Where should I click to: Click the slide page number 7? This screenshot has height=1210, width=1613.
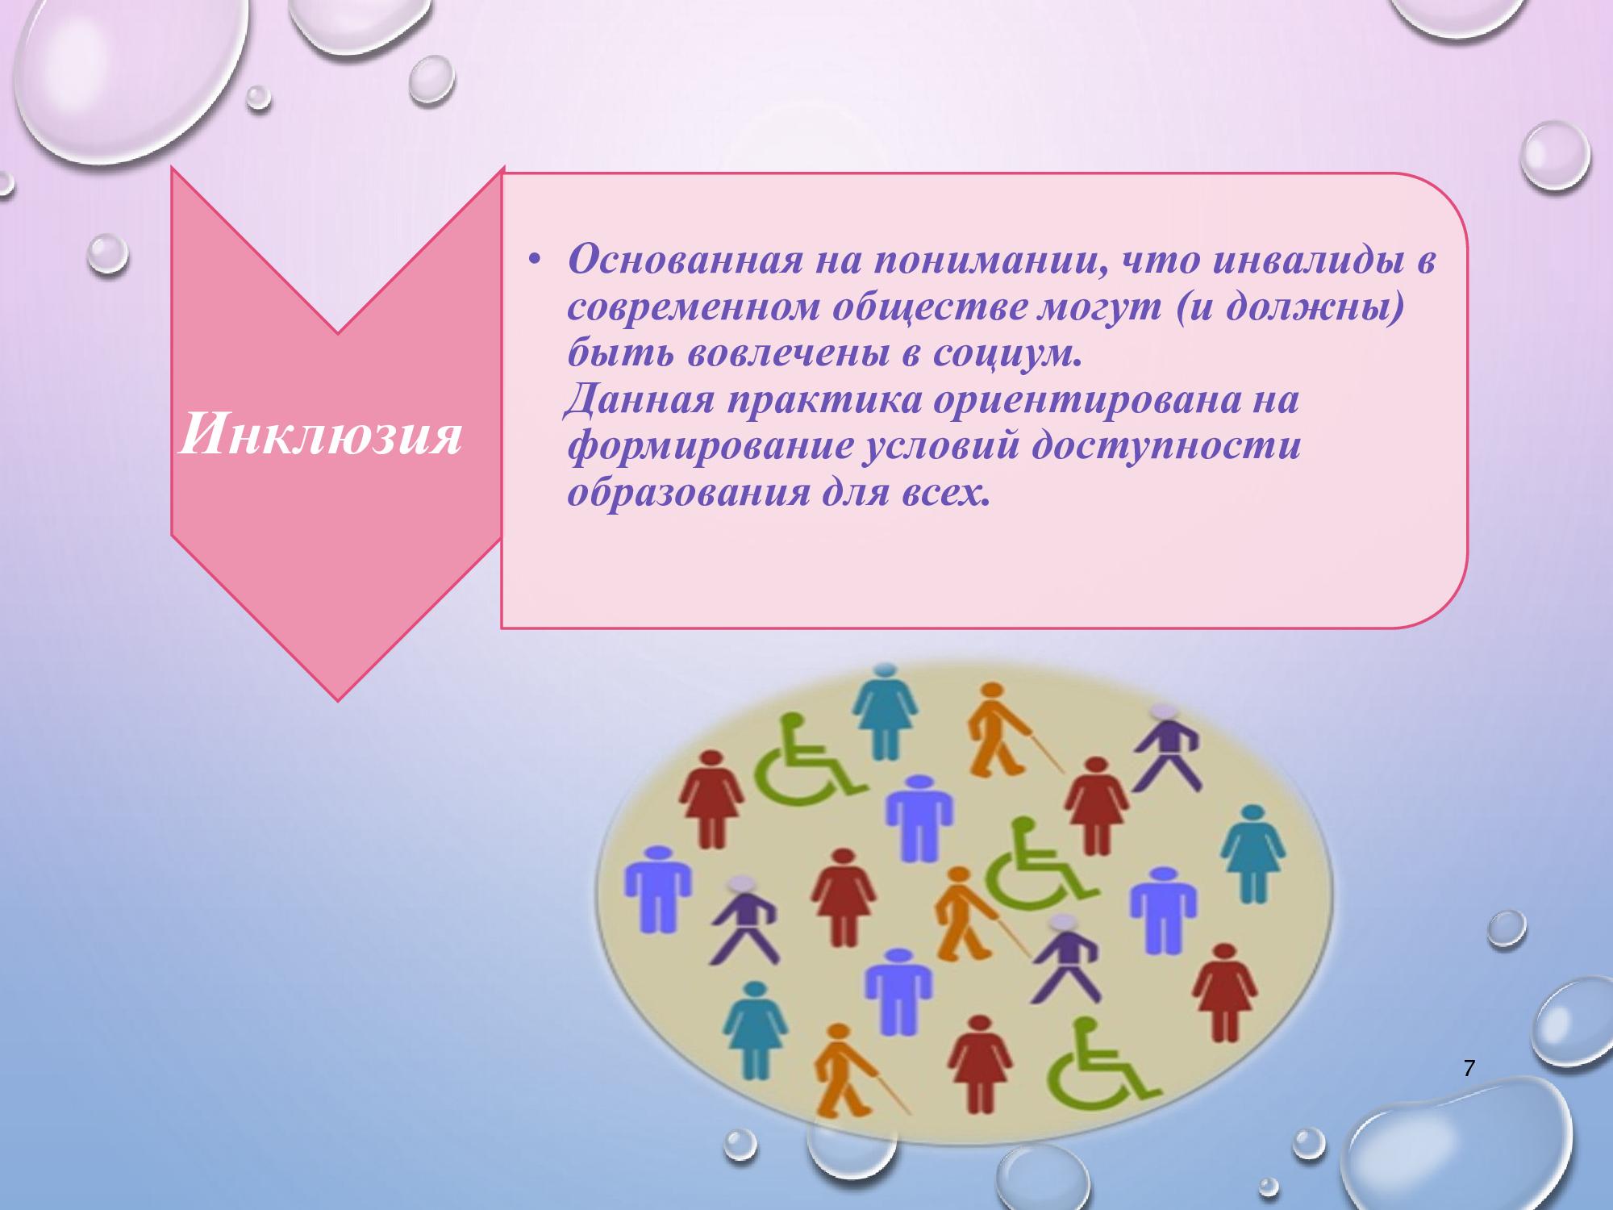click(1468, 1070)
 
